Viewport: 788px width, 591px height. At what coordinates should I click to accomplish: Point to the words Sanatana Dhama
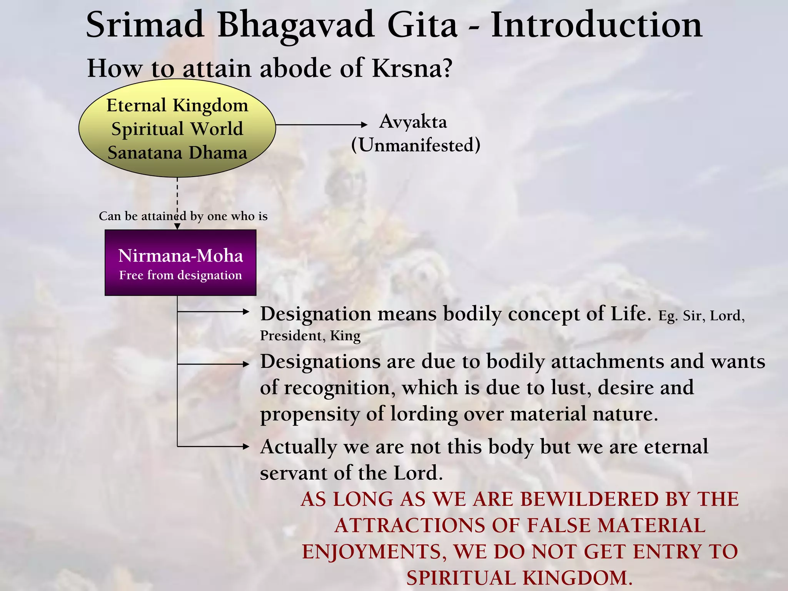pyautogui.click(x=177, y=153)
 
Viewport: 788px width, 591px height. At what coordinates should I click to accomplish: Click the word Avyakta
pyautogui.click(x=413, y=122)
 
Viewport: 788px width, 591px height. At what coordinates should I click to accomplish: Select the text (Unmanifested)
pyautogui.click(x=416, y=145)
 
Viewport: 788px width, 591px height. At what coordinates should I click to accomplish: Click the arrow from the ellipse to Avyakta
pyautogui.click(x=321, y=125)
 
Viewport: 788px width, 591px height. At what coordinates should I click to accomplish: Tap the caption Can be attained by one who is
pyautogui.click(x=183, y=216)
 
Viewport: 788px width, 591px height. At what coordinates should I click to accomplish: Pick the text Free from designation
pyautogui.click(x=180, y=275)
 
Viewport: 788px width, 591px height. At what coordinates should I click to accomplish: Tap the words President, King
pyautogui.click(x=310, y=336)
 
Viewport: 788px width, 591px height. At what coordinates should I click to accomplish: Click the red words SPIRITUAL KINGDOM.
pyautogui.click(x=519, y=578)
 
